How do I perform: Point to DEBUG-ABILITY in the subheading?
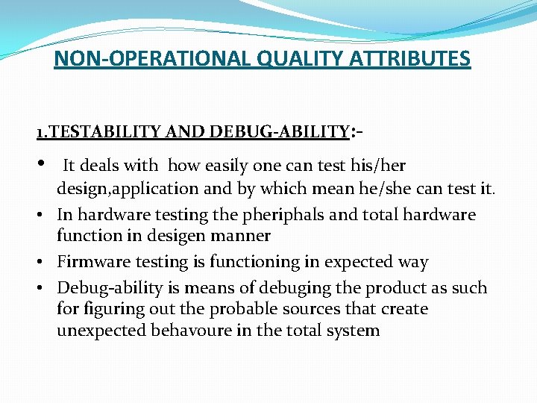click(279, 132)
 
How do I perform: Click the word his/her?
click(379, 165)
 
